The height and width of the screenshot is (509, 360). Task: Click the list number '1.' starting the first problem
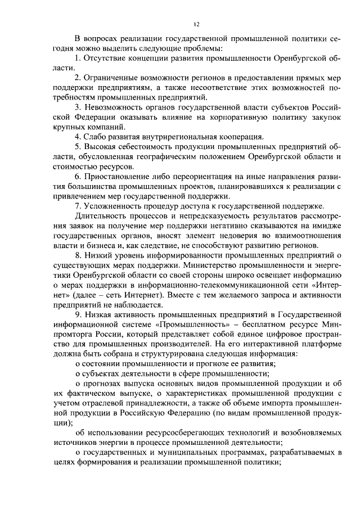(78, 57)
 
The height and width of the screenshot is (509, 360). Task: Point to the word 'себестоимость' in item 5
(138, 147)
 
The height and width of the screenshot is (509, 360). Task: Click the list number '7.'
(78, 206)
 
